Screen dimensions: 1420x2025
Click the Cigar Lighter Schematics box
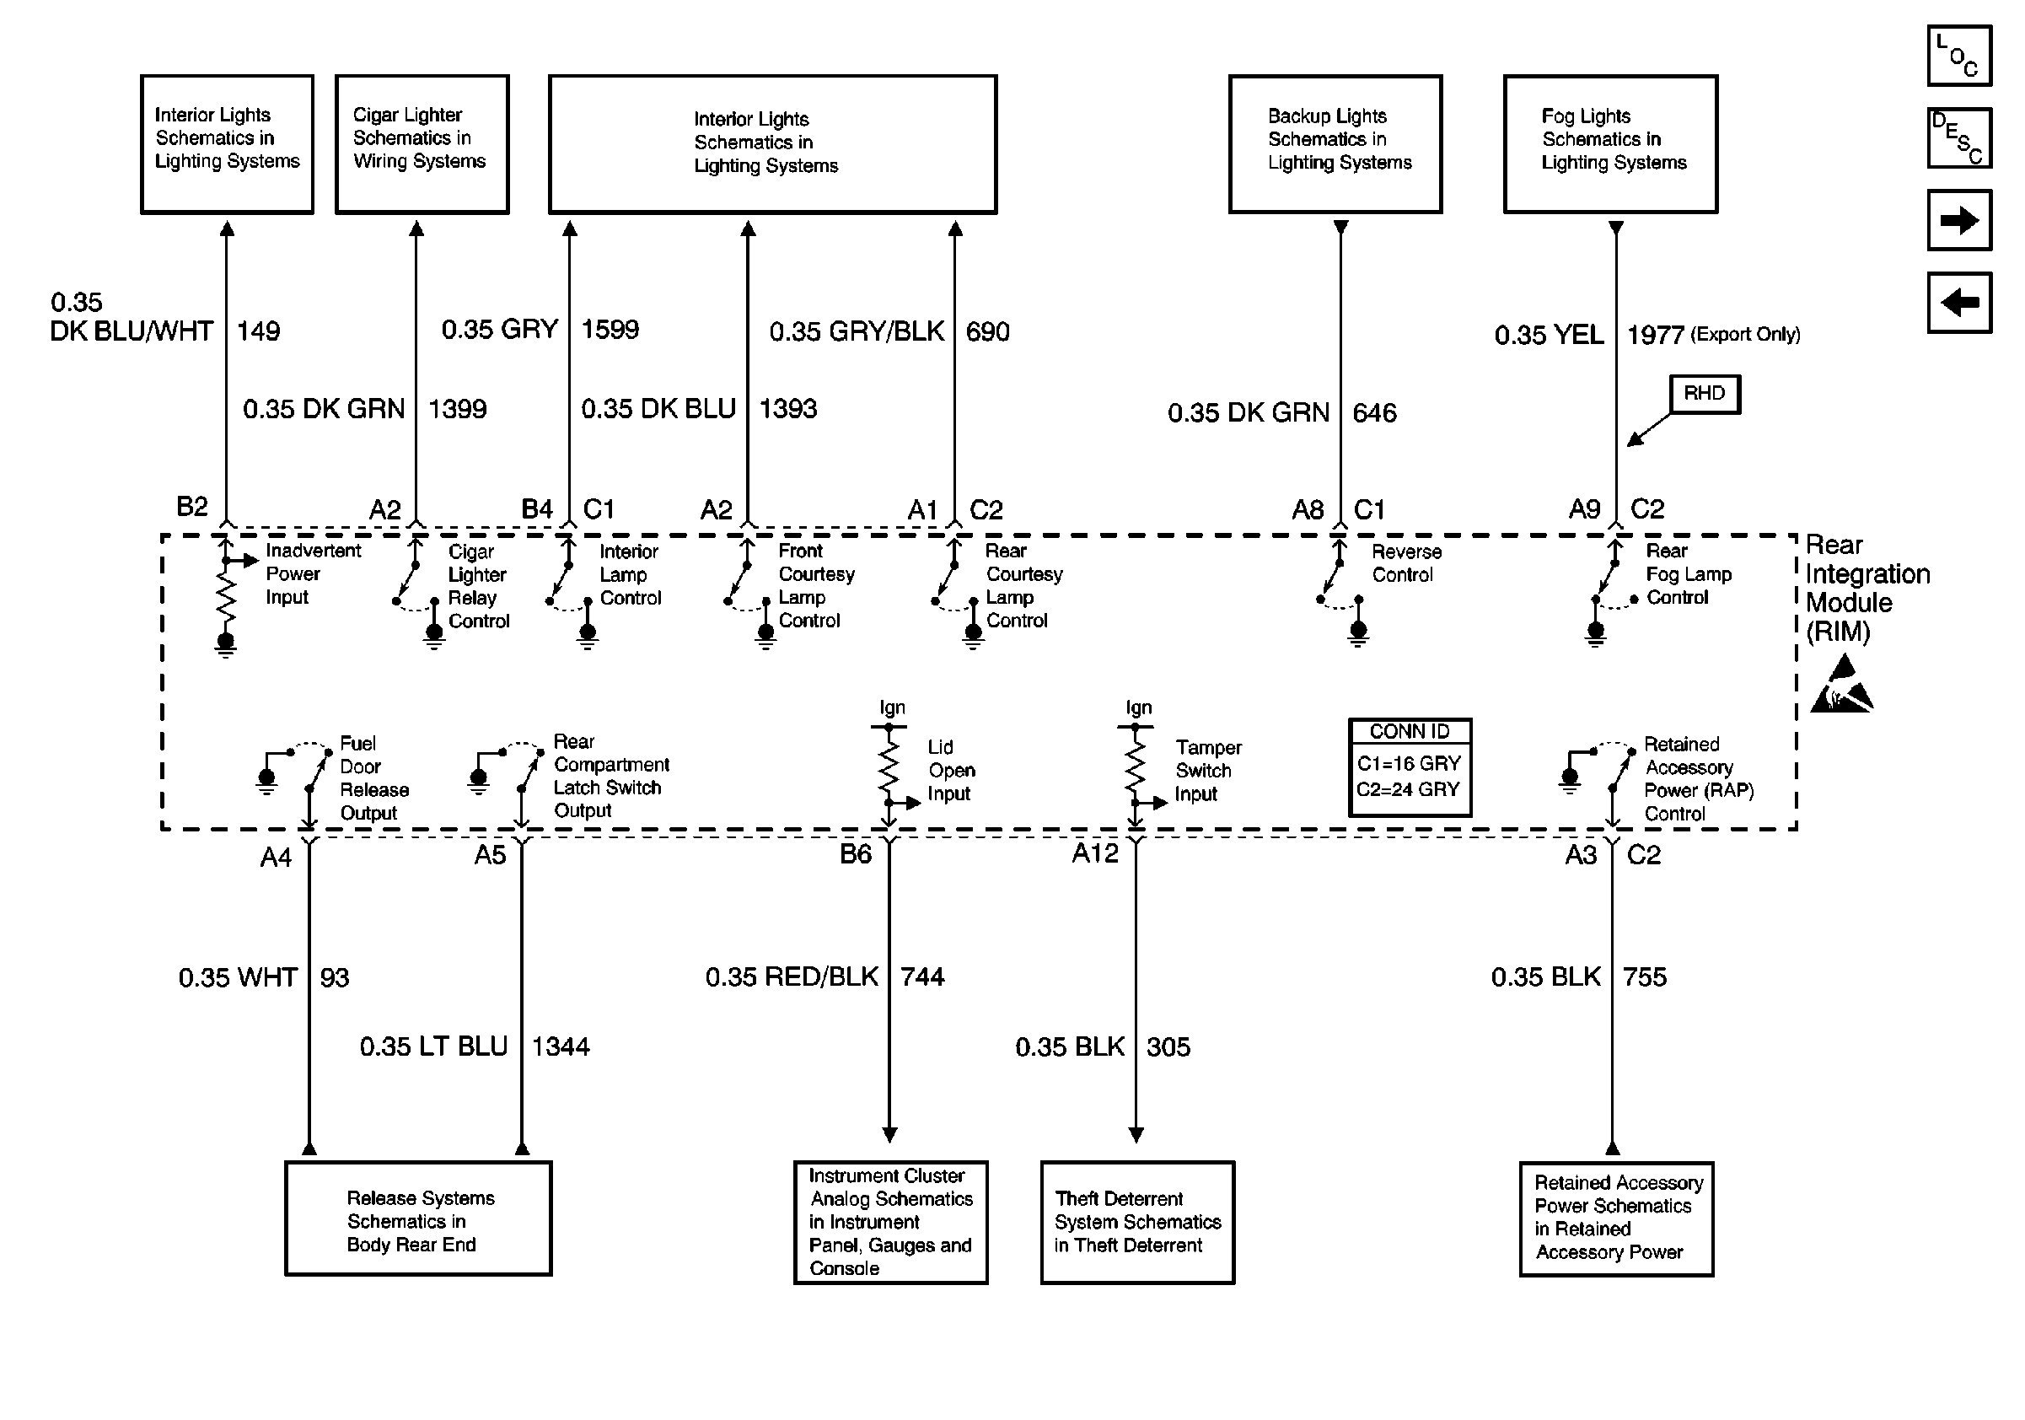click(x=422, y=143)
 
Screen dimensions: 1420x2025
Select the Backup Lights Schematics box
click(x=1335, y=143)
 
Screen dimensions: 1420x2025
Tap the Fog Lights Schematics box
click(x=1609, y=143)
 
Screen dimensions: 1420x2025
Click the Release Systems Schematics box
click(x=418, y=1218)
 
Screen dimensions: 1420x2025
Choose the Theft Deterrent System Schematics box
click(x=1137, y=1222)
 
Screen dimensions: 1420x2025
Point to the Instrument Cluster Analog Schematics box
click(x=890, y=1222)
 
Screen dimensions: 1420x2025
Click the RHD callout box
click(x=1704, y=393)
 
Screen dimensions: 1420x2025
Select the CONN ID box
click(x=1410, y=766)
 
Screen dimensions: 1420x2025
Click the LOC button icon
click(x=1959, y=56)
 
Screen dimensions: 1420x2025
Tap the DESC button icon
click(x=1959, y=137)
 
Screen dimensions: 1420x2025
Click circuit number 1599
click(x=610, y=330)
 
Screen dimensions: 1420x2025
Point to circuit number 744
click(x=921, y=976)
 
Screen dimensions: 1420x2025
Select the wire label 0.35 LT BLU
click(x=433, y=1046)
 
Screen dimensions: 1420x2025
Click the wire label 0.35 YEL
click(x=1549, y=335)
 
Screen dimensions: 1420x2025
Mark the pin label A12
click(x=1094, y=853)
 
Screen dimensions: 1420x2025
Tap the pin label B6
click(x=855, y=853)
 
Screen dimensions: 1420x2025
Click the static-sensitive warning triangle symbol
click(x=1841, y=686)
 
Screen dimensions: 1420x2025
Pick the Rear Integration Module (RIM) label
click(x=1867, y=588)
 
